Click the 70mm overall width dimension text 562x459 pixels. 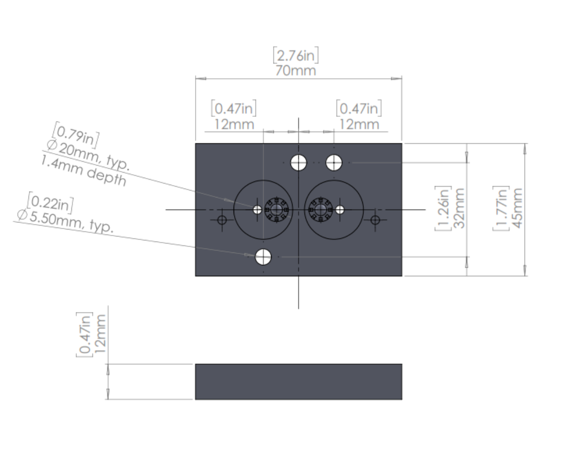pyautogui.click(x=295, y=70)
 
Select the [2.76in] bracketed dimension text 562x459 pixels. pyautogui.click(x=295, y=55)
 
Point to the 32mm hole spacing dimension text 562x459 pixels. pyautogui.click(x=459, y=208)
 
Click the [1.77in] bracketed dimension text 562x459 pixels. pyautogui.click(x=501, y=208)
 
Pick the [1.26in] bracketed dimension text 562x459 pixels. pyautogui.click(x=443, y=208)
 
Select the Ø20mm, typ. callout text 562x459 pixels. pyautogui.click(x=88, y=155)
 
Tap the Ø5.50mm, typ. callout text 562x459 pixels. pyautogui.click(x=65, y=221)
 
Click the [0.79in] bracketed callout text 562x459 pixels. pyautogui.click(x=76, y=135)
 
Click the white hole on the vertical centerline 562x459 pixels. pyautogui.click(x=298, y=162)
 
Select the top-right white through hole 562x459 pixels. pyautogui.click(x=334, y=162)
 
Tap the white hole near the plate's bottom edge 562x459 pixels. pyautogui.click(x=263, y=257)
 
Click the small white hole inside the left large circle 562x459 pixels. pyautogui.click(x=258, y=210)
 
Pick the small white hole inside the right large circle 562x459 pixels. pyautogui.click(x=340, y=210)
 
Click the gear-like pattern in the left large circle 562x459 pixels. pyautogui.click(x=277, y=210)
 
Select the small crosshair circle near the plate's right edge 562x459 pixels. pyautogui.click(x=375, y=220)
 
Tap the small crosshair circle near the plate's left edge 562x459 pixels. pyautogui.click(x=222, y=220)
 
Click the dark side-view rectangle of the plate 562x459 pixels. pyautogui.click(x=298, y=382)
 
